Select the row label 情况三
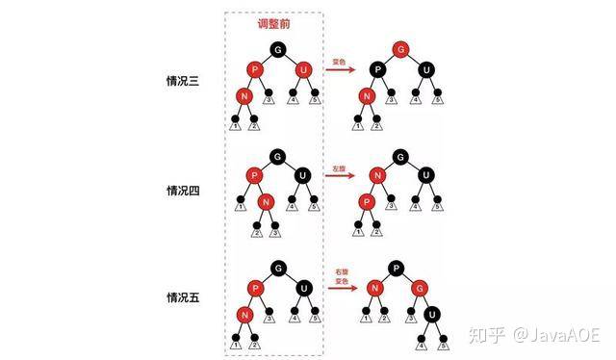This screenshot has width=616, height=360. click(182, 81)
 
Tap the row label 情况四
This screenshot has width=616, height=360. click(182, 190)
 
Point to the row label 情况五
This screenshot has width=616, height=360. click(182, 297)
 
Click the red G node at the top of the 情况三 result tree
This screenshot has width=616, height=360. click(400, 48)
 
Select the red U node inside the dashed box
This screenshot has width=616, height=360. click(303, 69)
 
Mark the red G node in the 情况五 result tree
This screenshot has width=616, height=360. click(419, 289)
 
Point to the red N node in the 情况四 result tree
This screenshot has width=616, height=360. click(378, 176)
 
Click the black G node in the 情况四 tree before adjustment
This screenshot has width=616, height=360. click(278, 155)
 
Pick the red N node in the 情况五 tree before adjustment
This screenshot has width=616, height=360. click(244, 314)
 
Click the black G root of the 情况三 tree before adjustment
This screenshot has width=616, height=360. click(279, 48)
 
